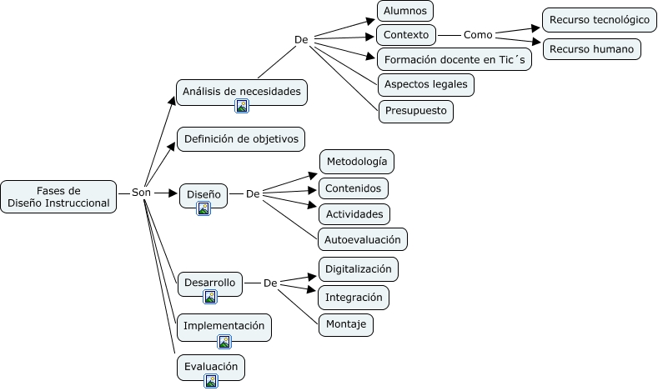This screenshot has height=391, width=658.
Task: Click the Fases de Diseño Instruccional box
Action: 58,196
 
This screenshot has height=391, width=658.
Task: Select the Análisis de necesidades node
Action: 242,92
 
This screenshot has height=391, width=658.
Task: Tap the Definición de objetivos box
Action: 241,139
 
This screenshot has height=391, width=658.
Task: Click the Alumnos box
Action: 404,11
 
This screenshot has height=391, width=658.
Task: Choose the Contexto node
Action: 406,35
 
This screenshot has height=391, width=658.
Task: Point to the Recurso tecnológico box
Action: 599,19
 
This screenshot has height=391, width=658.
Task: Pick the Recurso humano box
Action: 591,49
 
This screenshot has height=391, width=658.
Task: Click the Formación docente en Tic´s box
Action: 454,59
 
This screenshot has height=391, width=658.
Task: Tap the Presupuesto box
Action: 415,110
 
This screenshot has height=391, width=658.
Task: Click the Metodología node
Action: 356,161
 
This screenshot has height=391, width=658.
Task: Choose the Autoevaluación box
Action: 362,239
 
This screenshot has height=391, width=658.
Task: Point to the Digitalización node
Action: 358,269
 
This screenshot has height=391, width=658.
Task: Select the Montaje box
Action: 345,323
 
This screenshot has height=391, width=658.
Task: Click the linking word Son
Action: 141,193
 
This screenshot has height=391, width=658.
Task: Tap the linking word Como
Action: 478,35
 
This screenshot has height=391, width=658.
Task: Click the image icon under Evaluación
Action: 211,381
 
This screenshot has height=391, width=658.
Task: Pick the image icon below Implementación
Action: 224,340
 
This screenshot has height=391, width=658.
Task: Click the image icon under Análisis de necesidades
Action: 242,106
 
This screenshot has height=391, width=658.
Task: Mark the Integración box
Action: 354,297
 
